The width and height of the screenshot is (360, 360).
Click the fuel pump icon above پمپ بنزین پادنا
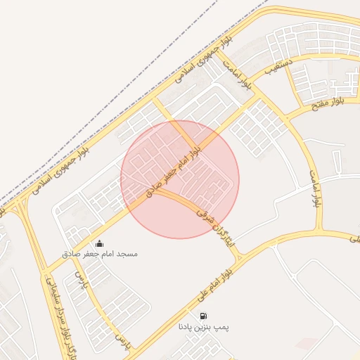pyautogui.click(x=203, y=316)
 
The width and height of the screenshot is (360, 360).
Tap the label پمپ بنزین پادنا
pyautogui.click(x=203, y=327)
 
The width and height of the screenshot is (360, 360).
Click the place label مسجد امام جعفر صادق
pyautogui.click(x=108, y=253)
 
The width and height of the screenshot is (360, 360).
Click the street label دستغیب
pyautogui.click(x=278, y=67)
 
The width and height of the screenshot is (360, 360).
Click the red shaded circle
pyautogui.click(x=180, y=179)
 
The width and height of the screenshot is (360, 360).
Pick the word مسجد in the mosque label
pyautogui.click(x=129, y=253)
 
